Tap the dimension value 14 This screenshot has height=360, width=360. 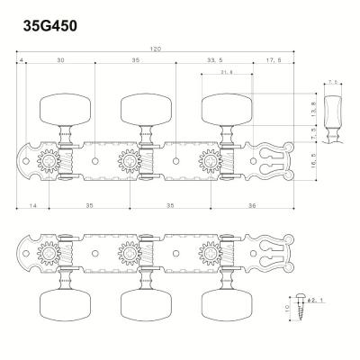31,206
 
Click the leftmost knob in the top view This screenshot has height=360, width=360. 58,107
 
